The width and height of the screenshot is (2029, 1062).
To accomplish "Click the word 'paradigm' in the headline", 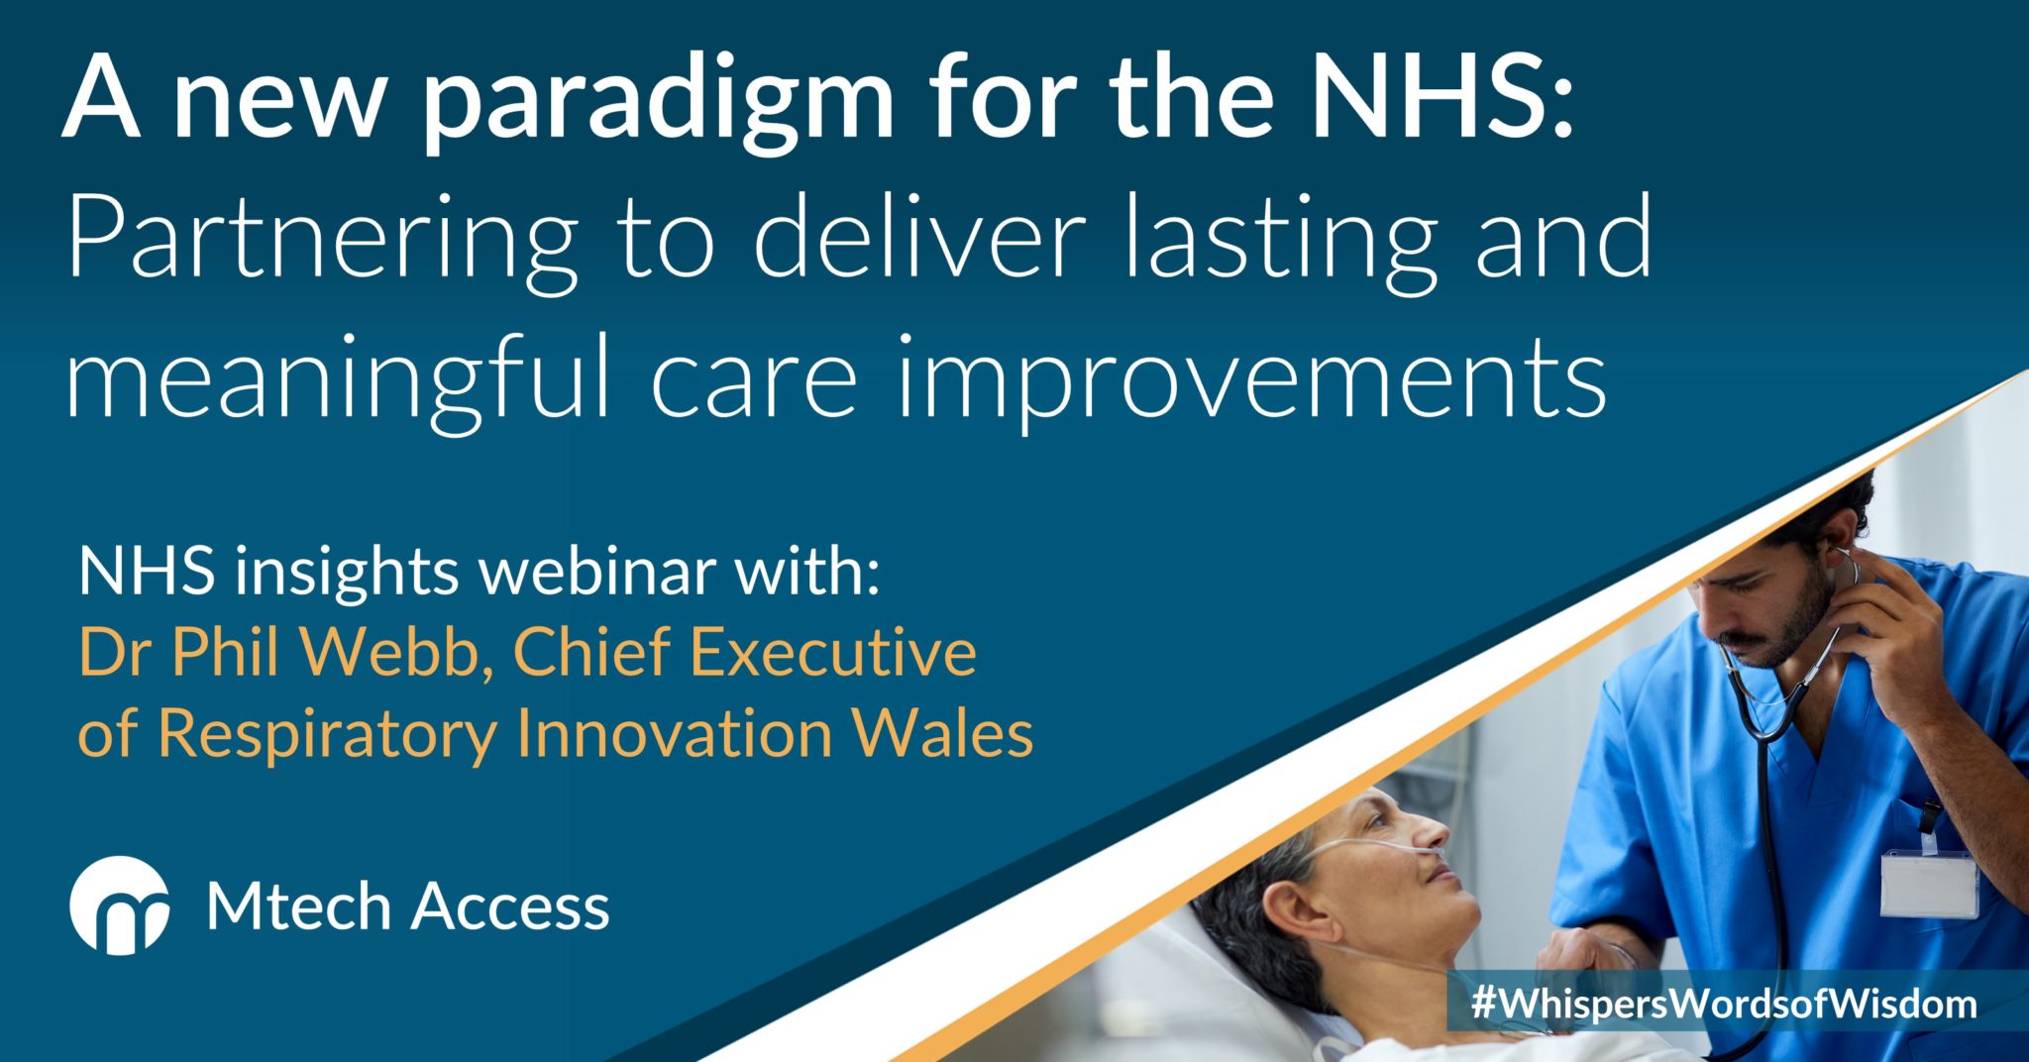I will (x=658, y=104).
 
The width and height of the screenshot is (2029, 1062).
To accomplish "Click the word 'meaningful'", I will (x=338, y=381).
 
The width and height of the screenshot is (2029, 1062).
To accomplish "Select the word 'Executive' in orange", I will (x=833, y=653).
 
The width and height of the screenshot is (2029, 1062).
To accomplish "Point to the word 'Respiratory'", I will (x=327, y=734).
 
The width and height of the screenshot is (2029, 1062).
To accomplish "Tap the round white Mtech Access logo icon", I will (x=119, y=905).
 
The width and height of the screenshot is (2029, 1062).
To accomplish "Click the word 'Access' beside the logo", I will (x=509, y=907).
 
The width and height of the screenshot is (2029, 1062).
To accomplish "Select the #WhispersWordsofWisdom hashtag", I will (x=1724, y=1005).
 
